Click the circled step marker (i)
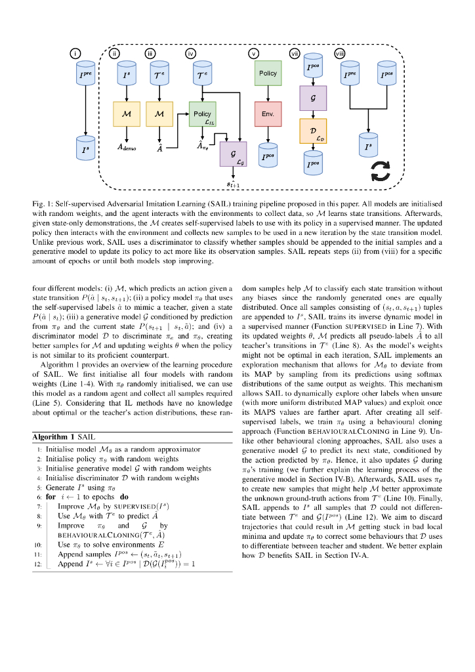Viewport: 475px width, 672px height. coord(77,53)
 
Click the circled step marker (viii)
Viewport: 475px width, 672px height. coord(340,53)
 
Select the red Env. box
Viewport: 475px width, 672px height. coord(268,114)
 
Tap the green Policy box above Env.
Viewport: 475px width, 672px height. coord(268,73)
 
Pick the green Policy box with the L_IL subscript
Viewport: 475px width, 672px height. coord(203,114)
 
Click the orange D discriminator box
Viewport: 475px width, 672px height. coord(313,131)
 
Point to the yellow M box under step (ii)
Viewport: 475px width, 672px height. coord(127,114)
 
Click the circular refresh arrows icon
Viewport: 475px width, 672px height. coord(381,169)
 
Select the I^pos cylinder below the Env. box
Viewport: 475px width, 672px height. coord(268,154)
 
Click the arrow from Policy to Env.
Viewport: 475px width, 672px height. coord(268,93)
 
